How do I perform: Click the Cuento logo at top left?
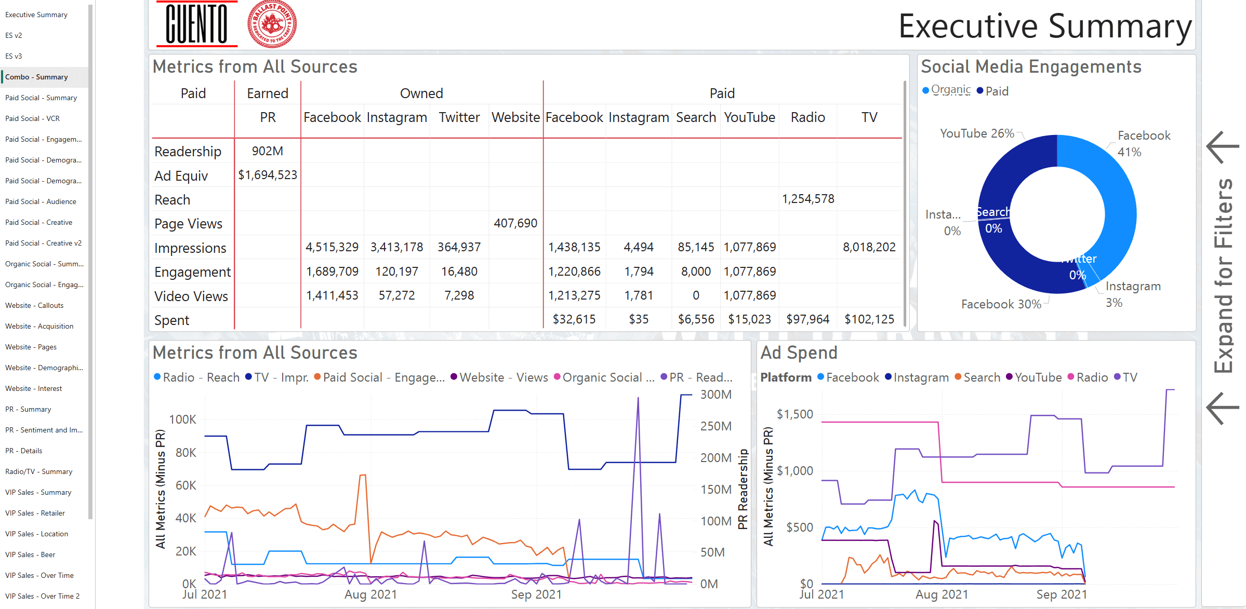(197, 24)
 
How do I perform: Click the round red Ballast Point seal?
(272, 24)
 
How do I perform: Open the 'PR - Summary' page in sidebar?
(28, 409)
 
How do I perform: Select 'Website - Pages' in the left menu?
(31, 347)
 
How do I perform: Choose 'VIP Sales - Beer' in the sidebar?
(30, 554)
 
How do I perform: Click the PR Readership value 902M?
(267, 151)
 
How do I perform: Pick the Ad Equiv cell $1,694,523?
(267, 175)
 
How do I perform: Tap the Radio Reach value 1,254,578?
(807, 199)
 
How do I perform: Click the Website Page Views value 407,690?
(515, 223)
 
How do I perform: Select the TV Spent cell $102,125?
(869, 319)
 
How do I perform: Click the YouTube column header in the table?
(749, 117)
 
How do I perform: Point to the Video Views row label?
(191, 296)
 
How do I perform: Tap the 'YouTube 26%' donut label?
(977, 133)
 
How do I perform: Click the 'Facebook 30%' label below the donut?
(1001, 304)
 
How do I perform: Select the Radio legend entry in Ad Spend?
(1091, 377)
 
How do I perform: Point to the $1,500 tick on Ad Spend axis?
(794, 414)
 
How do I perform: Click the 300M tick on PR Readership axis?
(715, 395)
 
